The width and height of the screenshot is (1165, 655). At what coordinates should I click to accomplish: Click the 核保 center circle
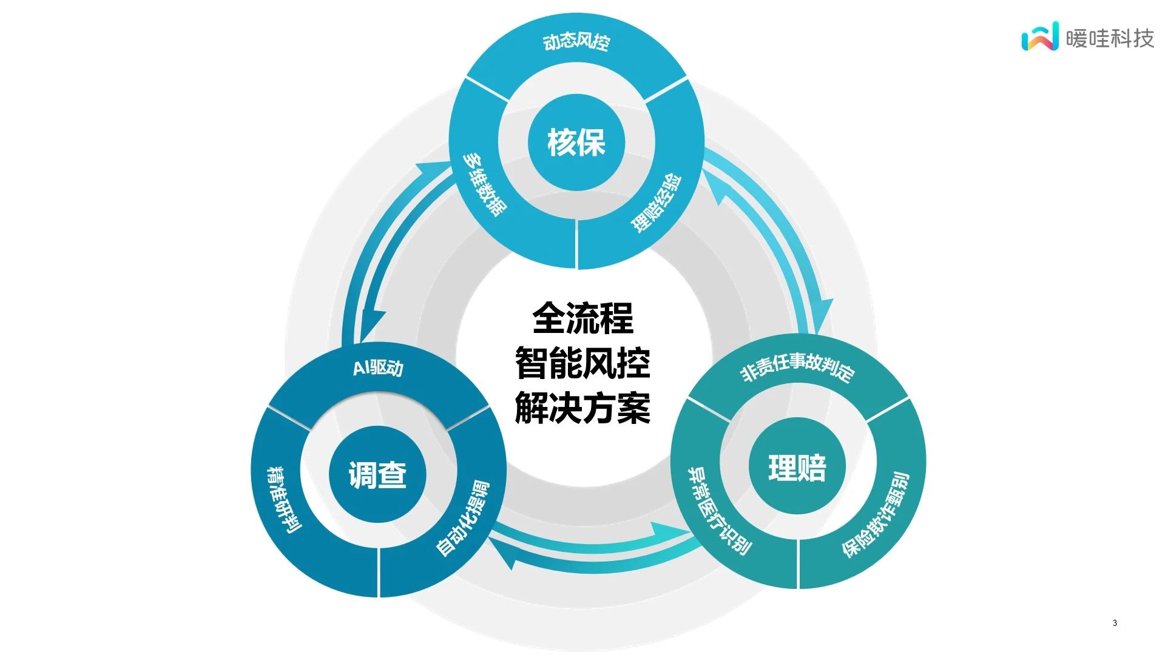pyautogui.click(x=576, y=143)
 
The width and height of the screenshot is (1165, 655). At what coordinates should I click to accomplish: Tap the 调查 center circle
pyautogui.click(x=377, y=474)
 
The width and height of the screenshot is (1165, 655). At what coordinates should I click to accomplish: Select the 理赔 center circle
pyautogui.click(x=797, y=467)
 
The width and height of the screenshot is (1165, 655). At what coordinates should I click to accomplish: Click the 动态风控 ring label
pyautogui.click(x=576, y=42)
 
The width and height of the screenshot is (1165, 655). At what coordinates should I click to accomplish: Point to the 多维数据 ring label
pyautogui.click(x=484, y=184)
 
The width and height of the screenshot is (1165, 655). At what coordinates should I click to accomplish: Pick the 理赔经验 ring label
pyautogui.click(x=656, y=203)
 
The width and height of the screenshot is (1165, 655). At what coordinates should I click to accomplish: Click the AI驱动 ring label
pyautogui.click(x=378, y=368)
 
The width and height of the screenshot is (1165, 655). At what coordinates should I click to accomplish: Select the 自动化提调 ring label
pyautogui.click(x=462, y=519)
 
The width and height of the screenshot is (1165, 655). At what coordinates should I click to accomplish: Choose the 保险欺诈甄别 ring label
pyautogui.click(x=876, y=515)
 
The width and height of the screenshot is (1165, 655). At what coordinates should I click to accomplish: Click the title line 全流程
pyautogui.click(x=582, y=318)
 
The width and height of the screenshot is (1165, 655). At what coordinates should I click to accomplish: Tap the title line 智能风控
pyautogui.click(x=582, y=363)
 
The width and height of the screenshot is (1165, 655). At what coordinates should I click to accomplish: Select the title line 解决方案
pyautogui.click(x=582, y=408)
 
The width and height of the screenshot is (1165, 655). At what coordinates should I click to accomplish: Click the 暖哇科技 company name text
pyautogui.click(x=1110, y=38)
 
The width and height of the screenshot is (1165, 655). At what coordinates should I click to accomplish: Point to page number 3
pyautogui.click(x=1115, y=623)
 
